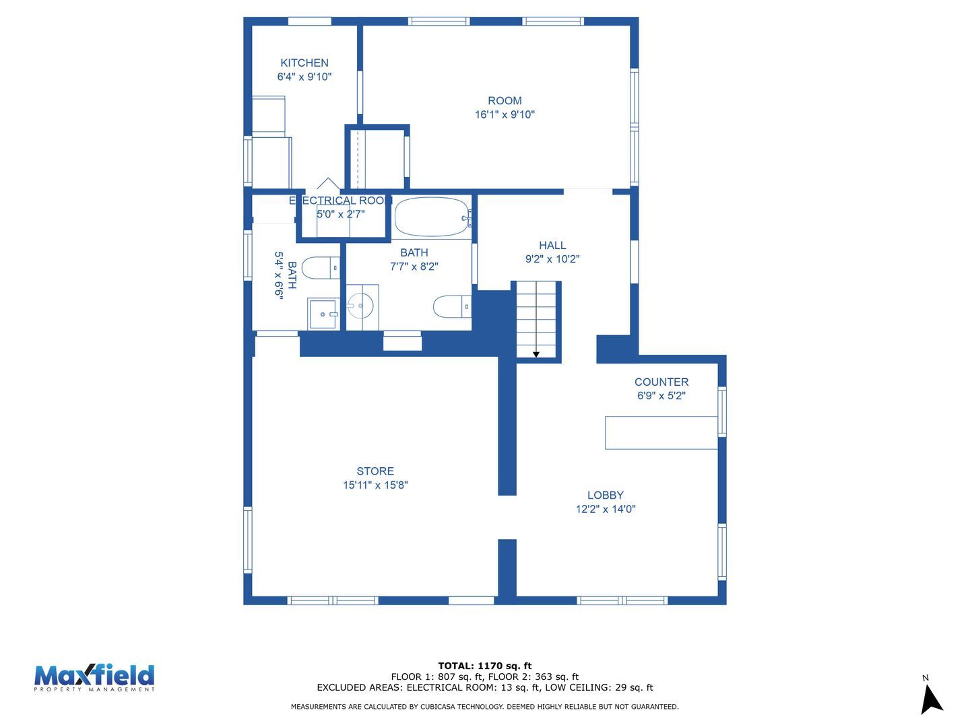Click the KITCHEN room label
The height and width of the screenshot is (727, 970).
coord(304,63)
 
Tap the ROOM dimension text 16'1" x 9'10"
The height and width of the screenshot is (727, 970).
coord(505,114)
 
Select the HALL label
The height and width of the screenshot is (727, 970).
coord(552,245)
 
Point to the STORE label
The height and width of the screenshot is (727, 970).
coord(375,471)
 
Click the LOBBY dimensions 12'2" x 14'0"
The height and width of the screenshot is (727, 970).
coord(606,509)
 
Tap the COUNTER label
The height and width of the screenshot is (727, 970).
coord(661,382)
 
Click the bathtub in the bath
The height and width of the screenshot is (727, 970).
coord(432,217)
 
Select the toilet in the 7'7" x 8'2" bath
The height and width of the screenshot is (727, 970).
coord(451,306)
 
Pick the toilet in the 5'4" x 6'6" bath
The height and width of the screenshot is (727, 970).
coord(321,267)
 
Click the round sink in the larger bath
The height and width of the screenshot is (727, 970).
coord(360,306)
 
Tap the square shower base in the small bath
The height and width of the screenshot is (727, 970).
coord(323,314)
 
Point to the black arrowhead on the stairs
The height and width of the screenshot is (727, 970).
coord(536,355)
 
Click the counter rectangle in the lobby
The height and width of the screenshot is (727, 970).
coord(661,433)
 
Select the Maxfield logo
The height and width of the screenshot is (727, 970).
coord(94,678)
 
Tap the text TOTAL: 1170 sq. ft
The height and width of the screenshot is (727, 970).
coord(485,666)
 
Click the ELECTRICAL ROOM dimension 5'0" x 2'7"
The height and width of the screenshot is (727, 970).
coord(341,215)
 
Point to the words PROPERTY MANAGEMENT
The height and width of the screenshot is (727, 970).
coord(94,689)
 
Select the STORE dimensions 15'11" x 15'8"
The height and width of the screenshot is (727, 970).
coord(375,485)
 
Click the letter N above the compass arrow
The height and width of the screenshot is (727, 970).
coord(926,678)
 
